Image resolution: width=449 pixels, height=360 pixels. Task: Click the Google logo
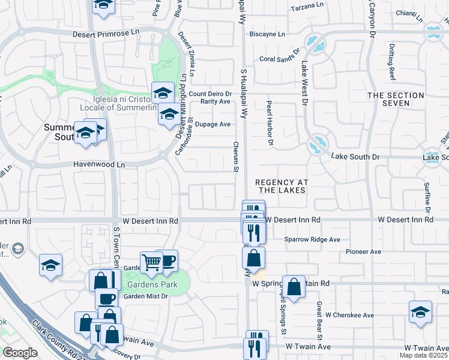[x=20, y=353]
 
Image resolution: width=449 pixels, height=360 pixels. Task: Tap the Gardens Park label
[x=151, y=284]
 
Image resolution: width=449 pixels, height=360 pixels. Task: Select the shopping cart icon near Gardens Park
[x=152, y=262]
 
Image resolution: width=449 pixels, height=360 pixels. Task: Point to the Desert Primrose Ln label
[x=106, y=34]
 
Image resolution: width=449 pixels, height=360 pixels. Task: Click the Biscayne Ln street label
[x=267, y=34]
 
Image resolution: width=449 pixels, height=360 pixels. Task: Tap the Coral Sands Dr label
[x=279, y=59]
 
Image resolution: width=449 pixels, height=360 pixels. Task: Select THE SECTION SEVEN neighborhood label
[x=396, y=99]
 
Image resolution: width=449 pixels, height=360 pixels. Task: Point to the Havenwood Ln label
[x=99, y=164]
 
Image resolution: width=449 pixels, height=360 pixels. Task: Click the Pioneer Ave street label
[x=364, y=251]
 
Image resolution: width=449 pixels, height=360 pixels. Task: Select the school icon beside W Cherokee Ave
[x=420, y=312]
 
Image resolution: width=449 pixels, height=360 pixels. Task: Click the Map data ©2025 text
[x=424, y=355]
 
